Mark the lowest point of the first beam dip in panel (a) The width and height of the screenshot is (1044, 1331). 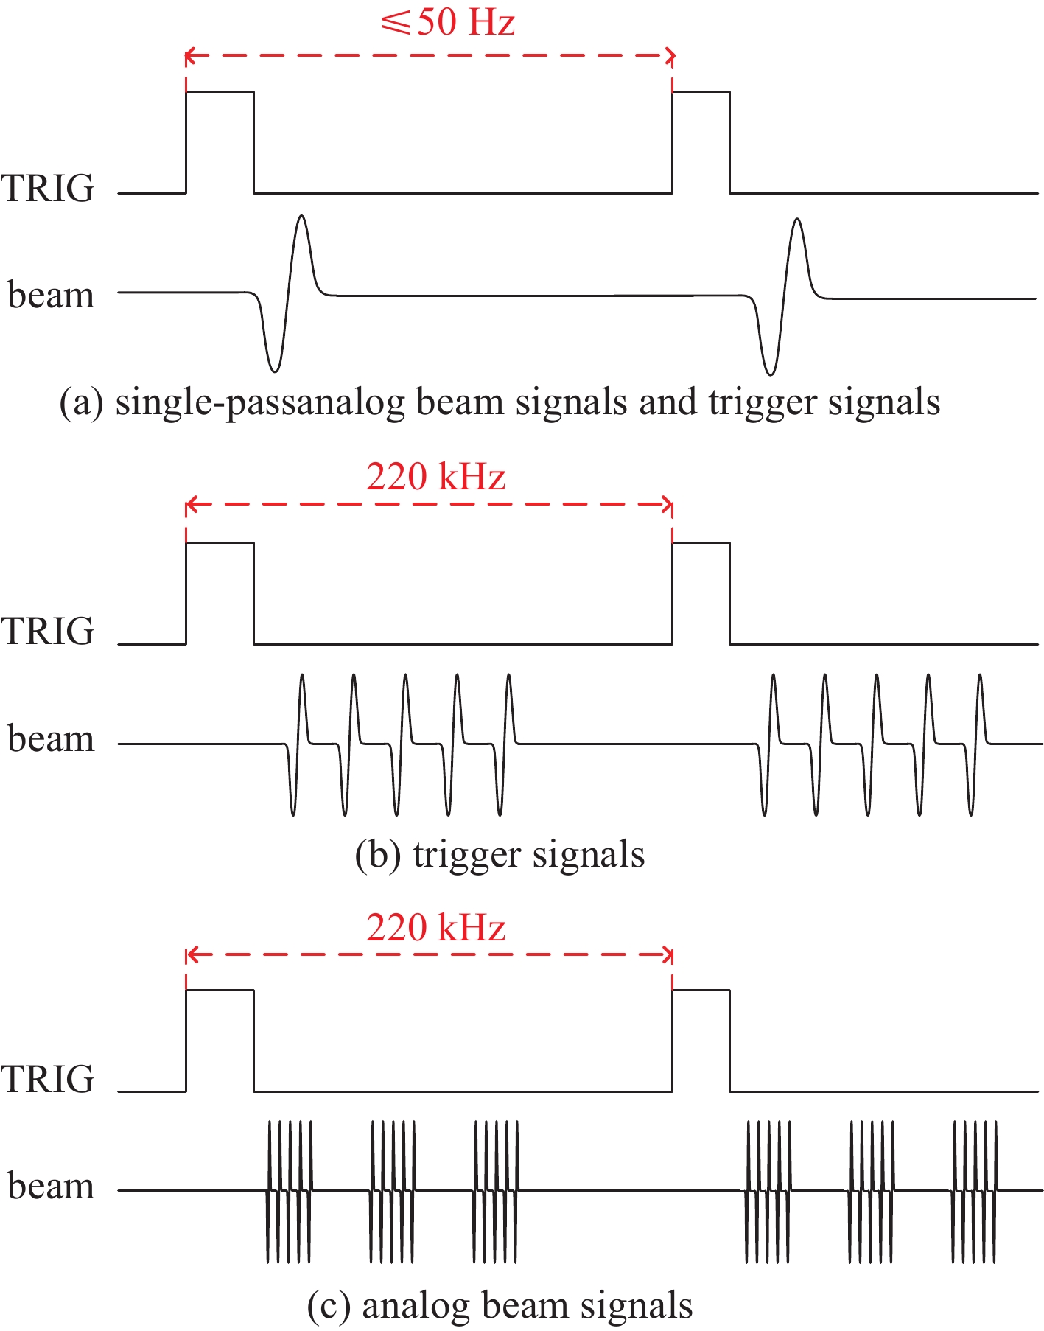(x=273, y=371)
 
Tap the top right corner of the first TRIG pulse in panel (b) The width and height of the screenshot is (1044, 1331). (x=253, y=543)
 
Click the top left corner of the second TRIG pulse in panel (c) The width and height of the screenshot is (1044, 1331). (x=673, y=990)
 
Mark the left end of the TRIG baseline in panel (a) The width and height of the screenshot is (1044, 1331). (x=119, y=193)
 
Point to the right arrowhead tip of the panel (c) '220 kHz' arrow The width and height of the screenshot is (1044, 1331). (x=673, y=956)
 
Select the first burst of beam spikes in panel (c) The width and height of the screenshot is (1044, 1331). (x=290, y=1191)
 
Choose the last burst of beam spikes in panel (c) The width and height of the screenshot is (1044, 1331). (x=975, y=1191)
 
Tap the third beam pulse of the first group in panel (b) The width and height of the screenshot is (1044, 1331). (x=402, y=744)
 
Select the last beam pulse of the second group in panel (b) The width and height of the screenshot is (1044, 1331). (x=976, y=744)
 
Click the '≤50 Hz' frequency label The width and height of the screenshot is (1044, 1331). (x=448, y=23)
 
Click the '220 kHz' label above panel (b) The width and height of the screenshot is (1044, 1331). (x=436, y=477)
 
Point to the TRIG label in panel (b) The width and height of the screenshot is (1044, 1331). (x=48, y=632)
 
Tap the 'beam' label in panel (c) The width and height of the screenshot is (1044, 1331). (x=51, y=1186)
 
